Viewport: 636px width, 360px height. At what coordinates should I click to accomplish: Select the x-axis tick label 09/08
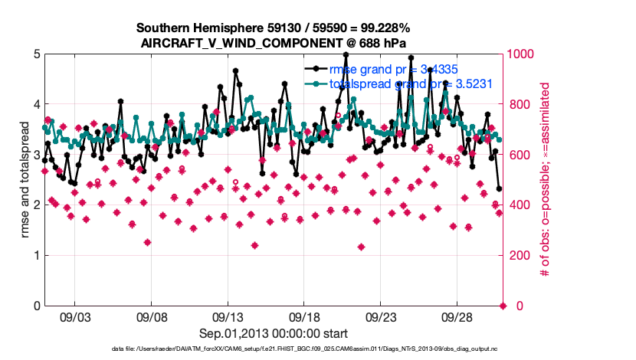[x=152, y=316]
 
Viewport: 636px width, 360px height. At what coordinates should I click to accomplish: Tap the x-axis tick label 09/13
[x=228, y=316]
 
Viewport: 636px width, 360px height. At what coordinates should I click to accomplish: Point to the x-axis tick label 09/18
[x=304, y=316]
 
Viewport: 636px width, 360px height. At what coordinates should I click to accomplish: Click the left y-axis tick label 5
[x=37, y=54]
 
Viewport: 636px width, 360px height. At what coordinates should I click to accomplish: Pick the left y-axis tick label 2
[x=37, y=205]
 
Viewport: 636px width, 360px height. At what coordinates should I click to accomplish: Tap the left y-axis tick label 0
[x=37, y=306]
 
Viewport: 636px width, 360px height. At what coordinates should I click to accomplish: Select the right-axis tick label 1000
[x=522, y=54]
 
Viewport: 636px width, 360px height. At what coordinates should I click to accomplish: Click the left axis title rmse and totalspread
[x=25, y=180]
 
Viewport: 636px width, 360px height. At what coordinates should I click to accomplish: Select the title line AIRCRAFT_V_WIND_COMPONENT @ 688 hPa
[x=274, y=43]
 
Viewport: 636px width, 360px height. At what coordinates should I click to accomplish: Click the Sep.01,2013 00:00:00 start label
[x=274, y=333]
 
